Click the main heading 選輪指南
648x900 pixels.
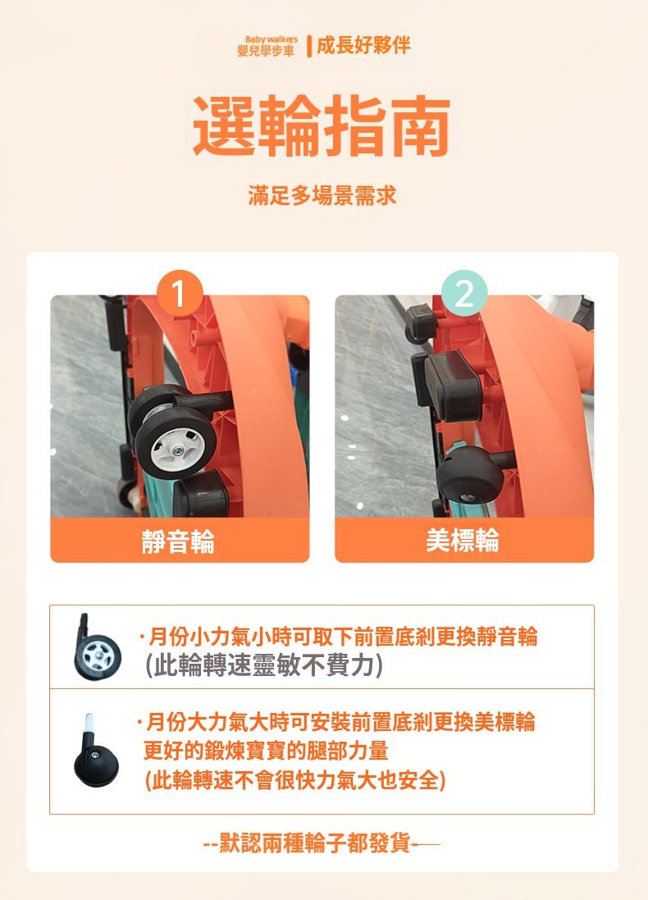click(x=322, y=127)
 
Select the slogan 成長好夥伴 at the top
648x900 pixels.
click(x=363, y=45)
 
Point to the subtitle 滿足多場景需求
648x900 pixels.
click(x=322, y=196)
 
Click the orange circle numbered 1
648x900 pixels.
click(x=179, y=293)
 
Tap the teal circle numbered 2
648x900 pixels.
click(x=463, y=293)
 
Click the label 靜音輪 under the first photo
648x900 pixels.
click(x=179, y=541)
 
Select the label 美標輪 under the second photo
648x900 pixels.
click(x=463, y=540)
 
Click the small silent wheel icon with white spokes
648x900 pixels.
click(x=97, y=648)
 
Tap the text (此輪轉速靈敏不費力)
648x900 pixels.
click(x=263, y=666)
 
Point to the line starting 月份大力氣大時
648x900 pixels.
click(x=336, y=722)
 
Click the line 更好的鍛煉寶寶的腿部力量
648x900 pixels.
click(x=266, y=751)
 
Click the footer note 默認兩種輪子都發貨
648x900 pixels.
click(x=315, y=843)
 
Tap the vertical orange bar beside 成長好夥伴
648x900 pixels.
click(x=309, y=46)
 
